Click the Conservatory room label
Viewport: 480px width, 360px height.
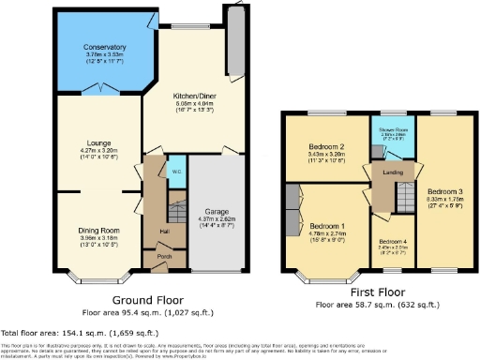coord(103,47)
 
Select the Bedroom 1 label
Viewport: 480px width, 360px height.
coord(328,227)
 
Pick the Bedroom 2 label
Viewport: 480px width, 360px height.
coord(329,147)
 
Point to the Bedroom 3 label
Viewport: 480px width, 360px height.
coord(445,191)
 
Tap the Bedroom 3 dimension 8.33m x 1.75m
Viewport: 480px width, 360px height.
coord(445,199)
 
